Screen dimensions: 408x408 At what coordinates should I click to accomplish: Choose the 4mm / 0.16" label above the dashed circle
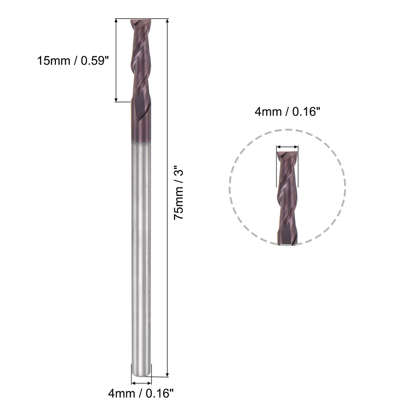coord(286,112)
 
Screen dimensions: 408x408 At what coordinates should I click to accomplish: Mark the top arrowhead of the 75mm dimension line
coord(167,21)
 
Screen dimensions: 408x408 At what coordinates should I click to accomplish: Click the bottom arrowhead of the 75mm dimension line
coord(167,374)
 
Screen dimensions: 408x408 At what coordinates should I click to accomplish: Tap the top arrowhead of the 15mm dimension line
coord(116,21)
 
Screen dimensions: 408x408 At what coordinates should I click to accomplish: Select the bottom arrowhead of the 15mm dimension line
coord(116,99)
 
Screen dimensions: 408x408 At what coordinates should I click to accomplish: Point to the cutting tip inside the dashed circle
coord(287,154)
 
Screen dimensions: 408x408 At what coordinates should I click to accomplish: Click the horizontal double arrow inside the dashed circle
coord(287,147)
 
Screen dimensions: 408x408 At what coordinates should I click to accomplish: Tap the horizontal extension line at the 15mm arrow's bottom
coord(122,102)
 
